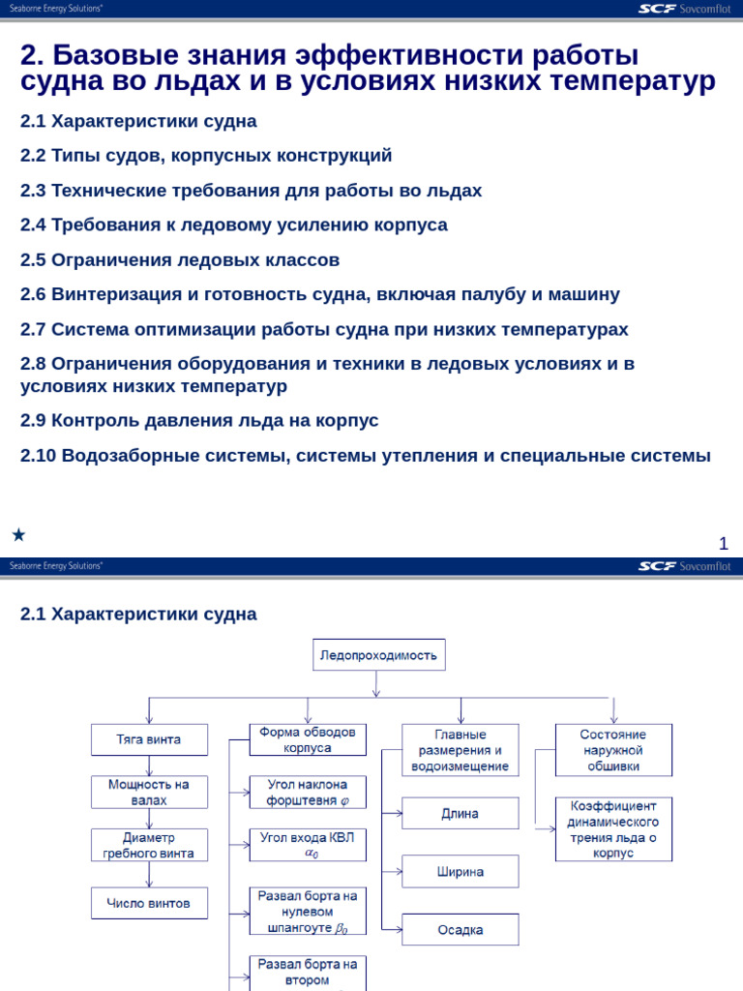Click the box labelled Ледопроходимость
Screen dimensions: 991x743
[378, 655]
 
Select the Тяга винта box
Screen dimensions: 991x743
[149, 739]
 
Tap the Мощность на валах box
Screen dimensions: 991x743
[149, 792]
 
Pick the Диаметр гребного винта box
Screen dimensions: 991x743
[149, 845]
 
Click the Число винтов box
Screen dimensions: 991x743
[149, 903]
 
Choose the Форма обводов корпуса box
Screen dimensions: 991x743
[308, 740]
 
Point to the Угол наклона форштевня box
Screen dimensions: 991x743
[308, 792]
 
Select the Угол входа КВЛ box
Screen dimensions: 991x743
[308, 845]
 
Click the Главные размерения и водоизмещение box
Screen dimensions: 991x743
[460, 749]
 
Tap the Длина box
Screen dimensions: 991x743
[460, 813]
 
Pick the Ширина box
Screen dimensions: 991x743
[460, 871]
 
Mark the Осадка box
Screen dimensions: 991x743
[460, 929]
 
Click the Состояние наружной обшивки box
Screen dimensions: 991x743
[613, 749]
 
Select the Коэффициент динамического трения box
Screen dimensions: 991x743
[613, 828]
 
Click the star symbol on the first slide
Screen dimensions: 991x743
[18, 534]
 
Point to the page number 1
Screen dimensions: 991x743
[723, 544]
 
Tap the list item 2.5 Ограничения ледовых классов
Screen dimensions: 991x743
[180, 260]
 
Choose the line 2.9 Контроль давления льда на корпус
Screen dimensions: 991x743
[199, 421]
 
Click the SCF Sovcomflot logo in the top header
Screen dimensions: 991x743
[684, 9]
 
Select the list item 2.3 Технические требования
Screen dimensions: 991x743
[251, 191]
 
